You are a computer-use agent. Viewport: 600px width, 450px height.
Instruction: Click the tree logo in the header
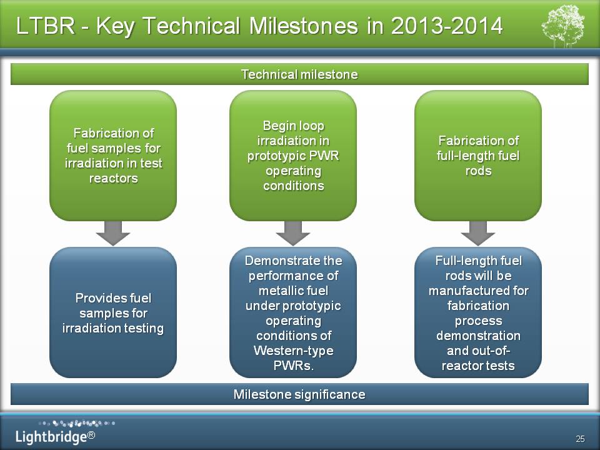click(563, 26)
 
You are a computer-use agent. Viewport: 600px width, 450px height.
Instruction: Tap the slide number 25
click(580, 439)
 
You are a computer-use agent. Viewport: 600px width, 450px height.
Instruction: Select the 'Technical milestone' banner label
click(299, 74)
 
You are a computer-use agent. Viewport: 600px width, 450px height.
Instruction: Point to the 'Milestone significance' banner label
click(299, 394)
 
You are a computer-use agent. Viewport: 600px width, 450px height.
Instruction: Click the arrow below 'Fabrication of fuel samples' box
click(113, 233)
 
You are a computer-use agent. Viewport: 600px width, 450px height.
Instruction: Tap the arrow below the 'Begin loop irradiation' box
click(292, 233)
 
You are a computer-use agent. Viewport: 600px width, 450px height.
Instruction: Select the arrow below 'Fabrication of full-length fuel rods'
click(478, 233)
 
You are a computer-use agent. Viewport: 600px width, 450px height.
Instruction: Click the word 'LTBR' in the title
click(45, 26)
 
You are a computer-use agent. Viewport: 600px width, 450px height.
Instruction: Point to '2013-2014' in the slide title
click(446, 26)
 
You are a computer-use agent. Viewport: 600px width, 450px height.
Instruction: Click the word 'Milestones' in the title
click(304, 26)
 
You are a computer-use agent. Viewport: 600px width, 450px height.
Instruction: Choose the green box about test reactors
click(113, 156)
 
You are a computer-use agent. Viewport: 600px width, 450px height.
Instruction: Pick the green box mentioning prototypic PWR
click(293, 156)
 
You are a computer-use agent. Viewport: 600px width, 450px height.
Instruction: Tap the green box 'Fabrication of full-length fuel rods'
click(478, 156)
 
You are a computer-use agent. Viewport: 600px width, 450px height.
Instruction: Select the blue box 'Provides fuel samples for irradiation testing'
click(113, 312)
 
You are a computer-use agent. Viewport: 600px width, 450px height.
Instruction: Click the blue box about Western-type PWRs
click(293, 312)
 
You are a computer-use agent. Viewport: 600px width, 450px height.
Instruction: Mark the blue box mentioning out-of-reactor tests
click(478, 312)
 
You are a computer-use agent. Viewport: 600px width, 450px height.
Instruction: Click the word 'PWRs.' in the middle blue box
click(294, 366)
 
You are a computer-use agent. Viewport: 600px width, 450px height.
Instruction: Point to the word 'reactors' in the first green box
click(113, 178)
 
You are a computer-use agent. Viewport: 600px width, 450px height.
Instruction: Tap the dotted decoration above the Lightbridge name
click(76, 423)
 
